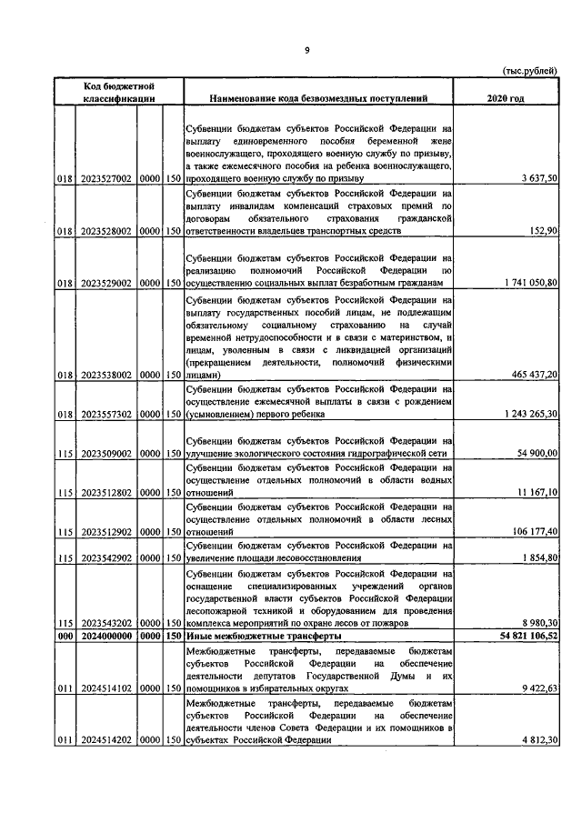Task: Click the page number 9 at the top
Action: tap(307, 51)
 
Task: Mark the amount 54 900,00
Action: tap(537, 453)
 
